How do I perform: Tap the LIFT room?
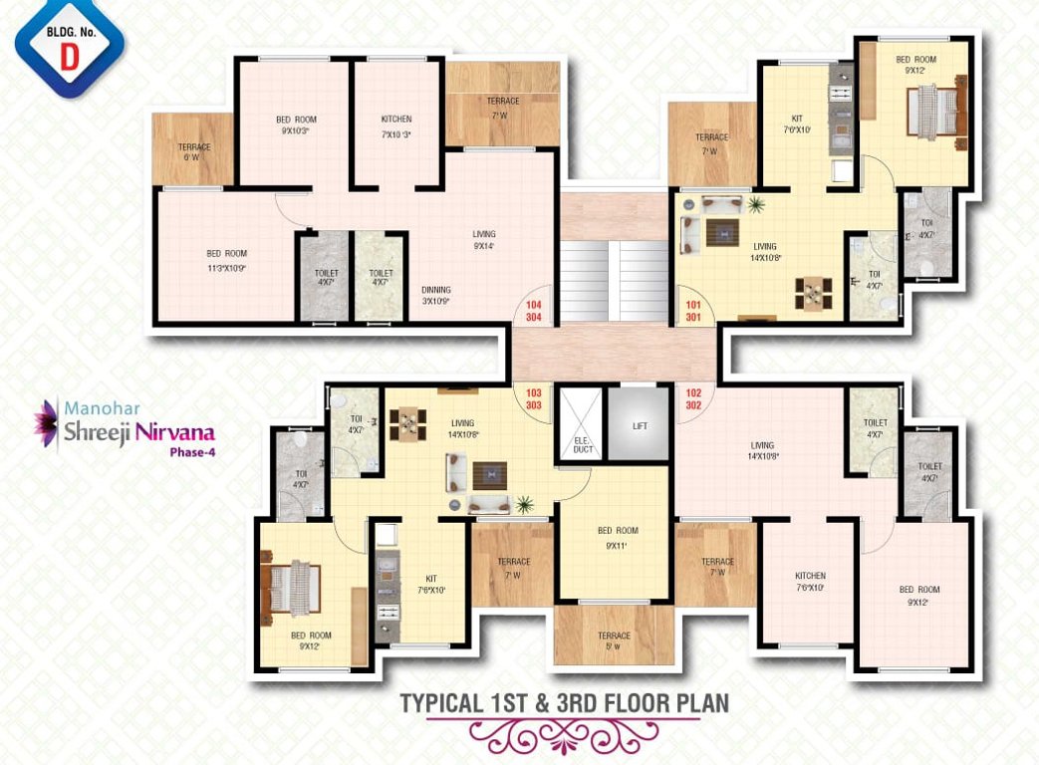click(640, 425)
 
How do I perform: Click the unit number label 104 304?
click(534, 312)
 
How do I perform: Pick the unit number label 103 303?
click(534, 399)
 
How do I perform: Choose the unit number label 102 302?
click(693, 399)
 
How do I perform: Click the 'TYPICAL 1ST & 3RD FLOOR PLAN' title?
click(564, 703)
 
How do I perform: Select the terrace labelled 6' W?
click(194, 151)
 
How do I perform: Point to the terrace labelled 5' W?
click(614, 638)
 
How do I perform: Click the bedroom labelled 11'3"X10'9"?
click(227, 259)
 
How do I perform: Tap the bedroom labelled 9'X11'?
click(618, 538)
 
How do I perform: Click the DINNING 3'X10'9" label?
click(436, 296)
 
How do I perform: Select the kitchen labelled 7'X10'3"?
click(396, 127)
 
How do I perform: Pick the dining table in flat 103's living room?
click(408, 423)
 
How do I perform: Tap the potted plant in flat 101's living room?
click(757, 205)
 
